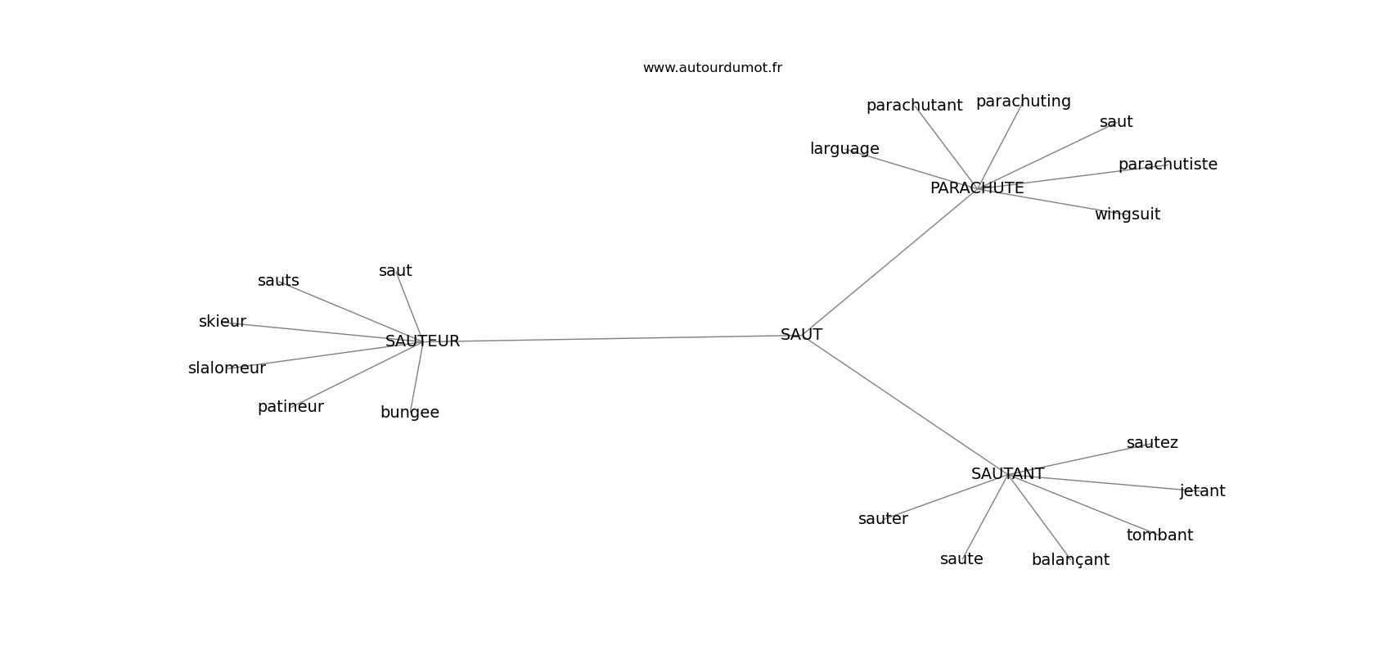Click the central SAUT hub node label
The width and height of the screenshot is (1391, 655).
pos(801,335)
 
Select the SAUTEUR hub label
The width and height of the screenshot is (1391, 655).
pos(422,341)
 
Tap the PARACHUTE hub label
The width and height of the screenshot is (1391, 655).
pos(977,188)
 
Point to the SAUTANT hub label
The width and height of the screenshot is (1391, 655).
pos(1007,474)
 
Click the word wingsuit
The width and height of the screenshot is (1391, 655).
pos(1127,215)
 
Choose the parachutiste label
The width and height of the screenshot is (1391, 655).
pos(1168,165)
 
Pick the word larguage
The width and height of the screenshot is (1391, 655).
pos(844,149)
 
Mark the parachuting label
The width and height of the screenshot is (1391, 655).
pos(1023,102)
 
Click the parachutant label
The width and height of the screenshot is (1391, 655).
pos(914,106)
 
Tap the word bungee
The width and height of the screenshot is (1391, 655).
pos(409,413)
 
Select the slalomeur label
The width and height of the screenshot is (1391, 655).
pos(227,368)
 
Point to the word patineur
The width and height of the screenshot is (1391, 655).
pos(290,407)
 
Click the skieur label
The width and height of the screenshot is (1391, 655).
pos(222,322)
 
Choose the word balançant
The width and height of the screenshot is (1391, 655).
pos(1070,560)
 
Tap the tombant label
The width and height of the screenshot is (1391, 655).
pos(1159,535)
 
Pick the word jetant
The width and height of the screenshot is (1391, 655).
pos(1202,491)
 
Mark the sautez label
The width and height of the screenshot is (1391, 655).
pos(1152,443)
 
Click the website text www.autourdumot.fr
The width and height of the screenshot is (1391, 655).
pos(712,68)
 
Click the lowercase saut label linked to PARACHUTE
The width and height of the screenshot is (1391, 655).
pos(1116,122)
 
